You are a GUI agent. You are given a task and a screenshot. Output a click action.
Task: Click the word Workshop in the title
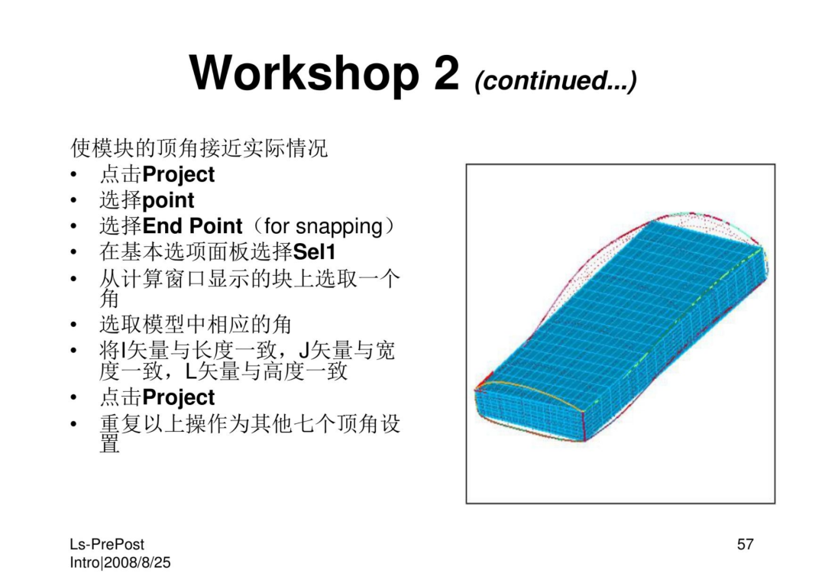tap(304, 73)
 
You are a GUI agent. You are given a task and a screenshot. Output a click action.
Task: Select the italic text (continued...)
tap(555, 80)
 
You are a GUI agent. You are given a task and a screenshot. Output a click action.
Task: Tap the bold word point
tap(168, 201)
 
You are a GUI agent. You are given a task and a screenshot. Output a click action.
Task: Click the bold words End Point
tap(192, 226)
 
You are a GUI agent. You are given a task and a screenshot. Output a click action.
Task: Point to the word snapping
tap(339, 227)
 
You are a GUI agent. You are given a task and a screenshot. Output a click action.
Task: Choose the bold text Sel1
tap(314, 252)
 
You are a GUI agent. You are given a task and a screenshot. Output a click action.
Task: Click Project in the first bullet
tap(178, 175)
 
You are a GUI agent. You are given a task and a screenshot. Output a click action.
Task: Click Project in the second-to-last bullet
tap(178, 398)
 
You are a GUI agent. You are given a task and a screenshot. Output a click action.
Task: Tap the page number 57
tap(745, 544)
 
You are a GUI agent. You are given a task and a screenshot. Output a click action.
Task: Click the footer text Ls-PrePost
tap(107, 544)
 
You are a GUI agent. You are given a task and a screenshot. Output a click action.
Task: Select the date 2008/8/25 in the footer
tap(137, 562)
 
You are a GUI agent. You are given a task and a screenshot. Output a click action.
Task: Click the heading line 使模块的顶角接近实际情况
tap(199, 148)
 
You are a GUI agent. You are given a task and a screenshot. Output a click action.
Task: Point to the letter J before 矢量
tap(302, 351)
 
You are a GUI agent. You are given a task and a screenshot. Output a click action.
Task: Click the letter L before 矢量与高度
tap(191, 371)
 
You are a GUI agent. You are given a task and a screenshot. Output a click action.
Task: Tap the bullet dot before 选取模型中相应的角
tap(73, 326)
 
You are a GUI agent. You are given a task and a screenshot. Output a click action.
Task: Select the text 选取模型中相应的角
tap(196, 325)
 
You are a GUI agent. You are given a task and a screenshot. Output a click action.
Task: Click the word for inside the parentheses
tap(277, 226)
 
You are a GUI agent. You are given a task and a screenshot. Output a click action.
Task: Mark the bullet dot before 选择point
tap(73, 200)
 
